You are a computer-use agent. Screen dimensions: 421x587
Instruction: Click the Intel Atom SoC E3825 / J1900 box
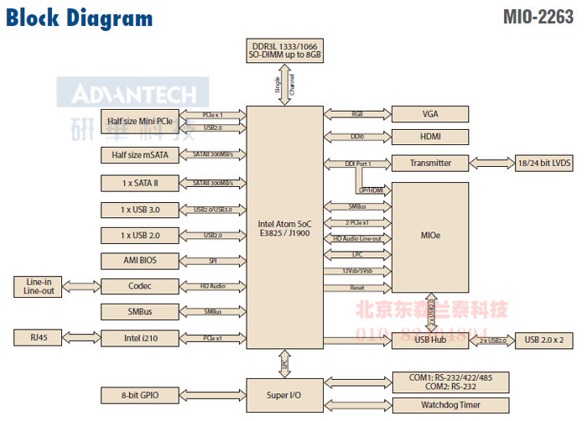[x=284, y=228]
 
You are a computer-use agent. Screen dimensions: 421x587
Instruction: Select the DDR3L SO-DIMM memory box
[x=284, y=49]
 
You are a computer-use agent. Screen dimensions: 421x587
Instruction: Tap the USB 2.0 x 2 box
[x=543, y=340]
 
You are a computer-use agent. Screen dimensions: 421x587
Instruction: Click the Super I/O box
[x=284, y=393]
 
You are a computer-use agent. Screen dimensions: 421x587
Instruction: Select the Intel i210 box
[x=141, y=339]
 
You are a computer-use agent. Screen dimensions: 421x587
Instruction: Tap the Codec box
[x=141, y=286]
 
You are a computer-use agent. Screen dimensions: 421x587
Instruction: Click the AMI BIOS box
[x=141, y=260]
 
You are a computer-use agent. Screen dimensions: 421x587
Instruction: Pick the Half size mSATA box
[x=141, y=155]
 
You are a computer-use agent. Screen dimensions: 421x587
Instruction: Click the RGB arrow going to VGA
[x=357, y=114]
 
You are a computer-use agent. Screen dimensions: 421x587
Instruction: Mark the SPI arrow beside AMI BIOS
[x=213, y=261]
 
